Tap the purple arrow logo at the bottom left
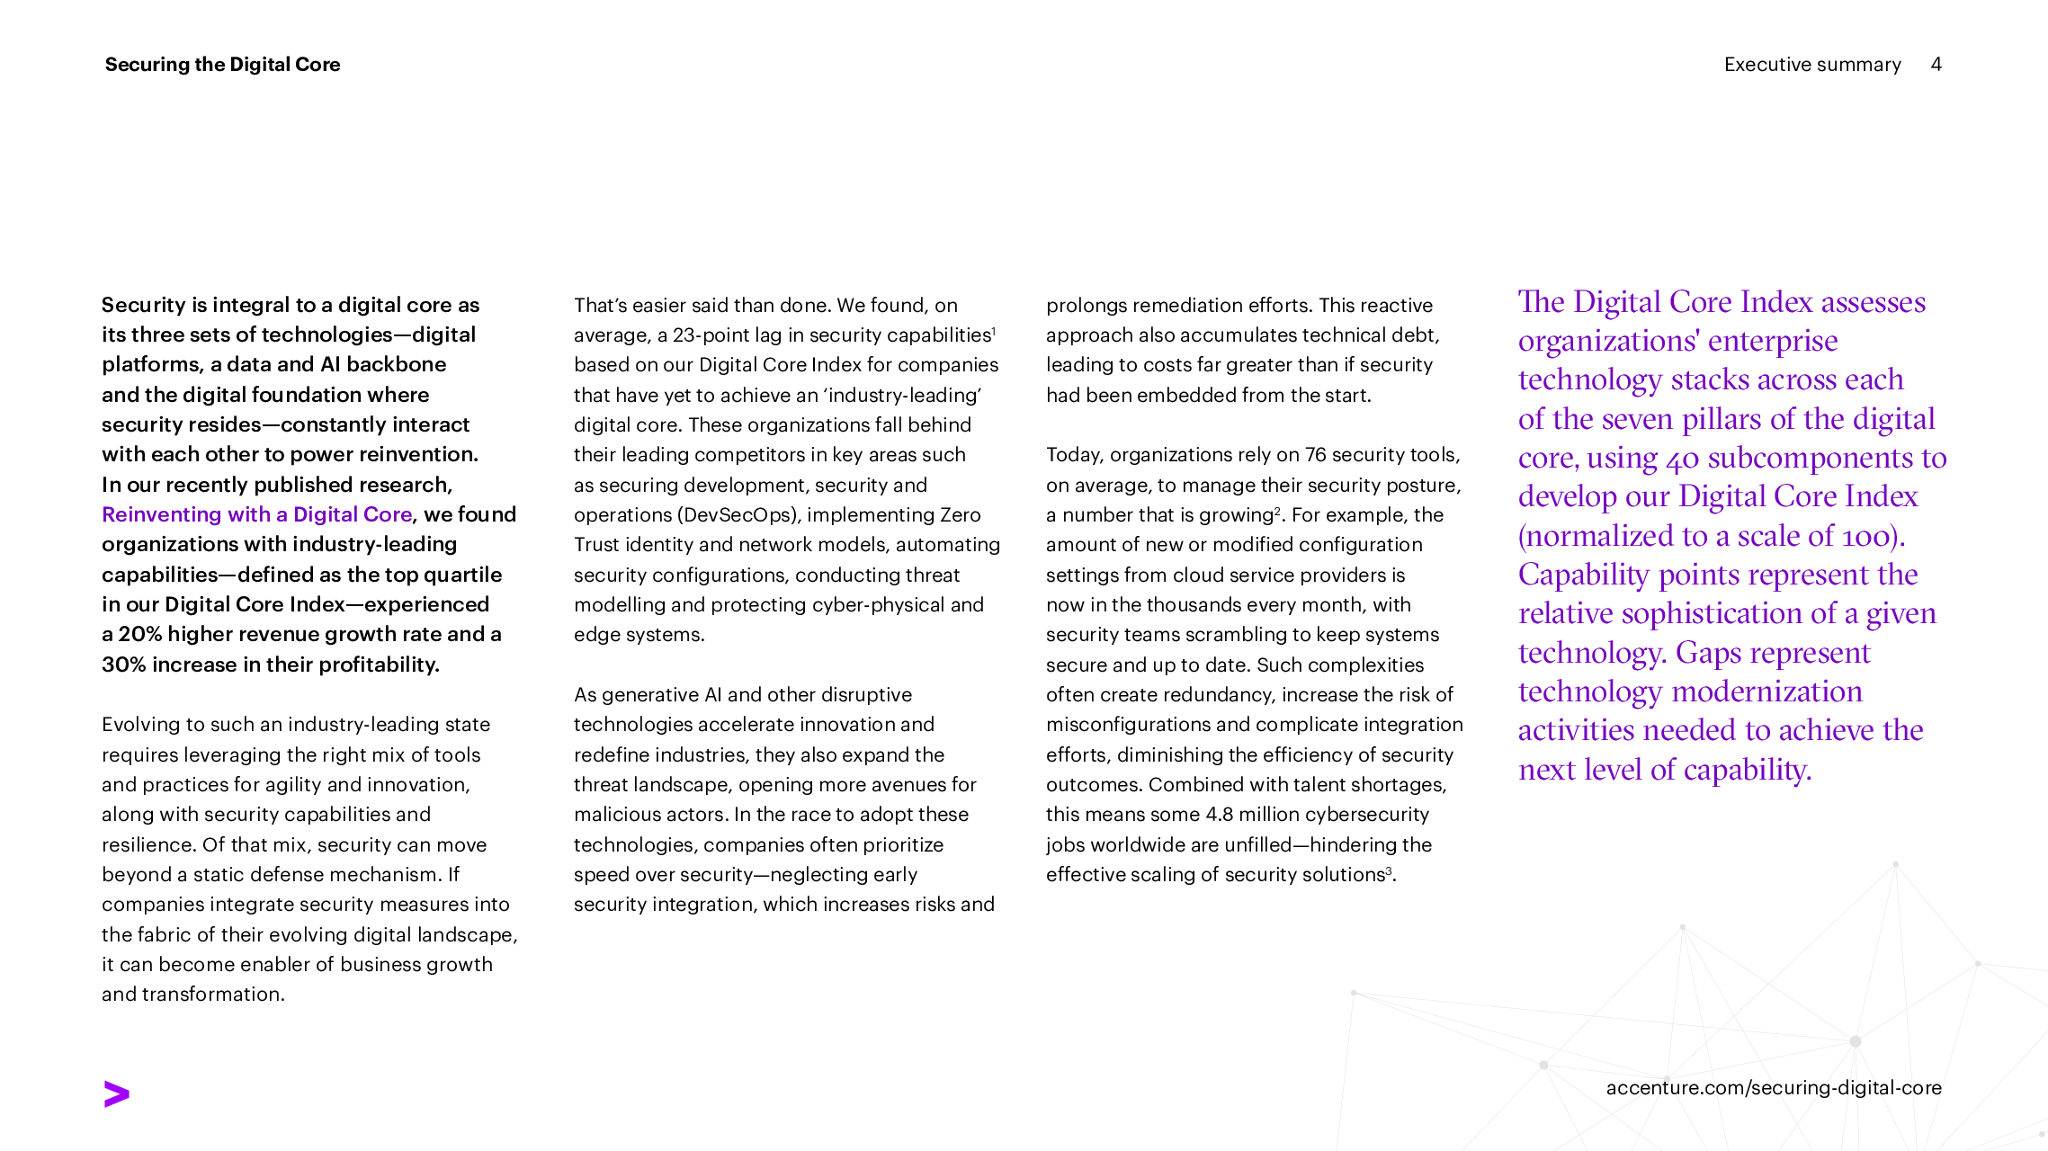[117, 1094]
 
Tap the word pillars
[1722, 420]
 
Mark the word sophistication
[1712, 614]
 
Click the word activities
[1576, 731]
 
